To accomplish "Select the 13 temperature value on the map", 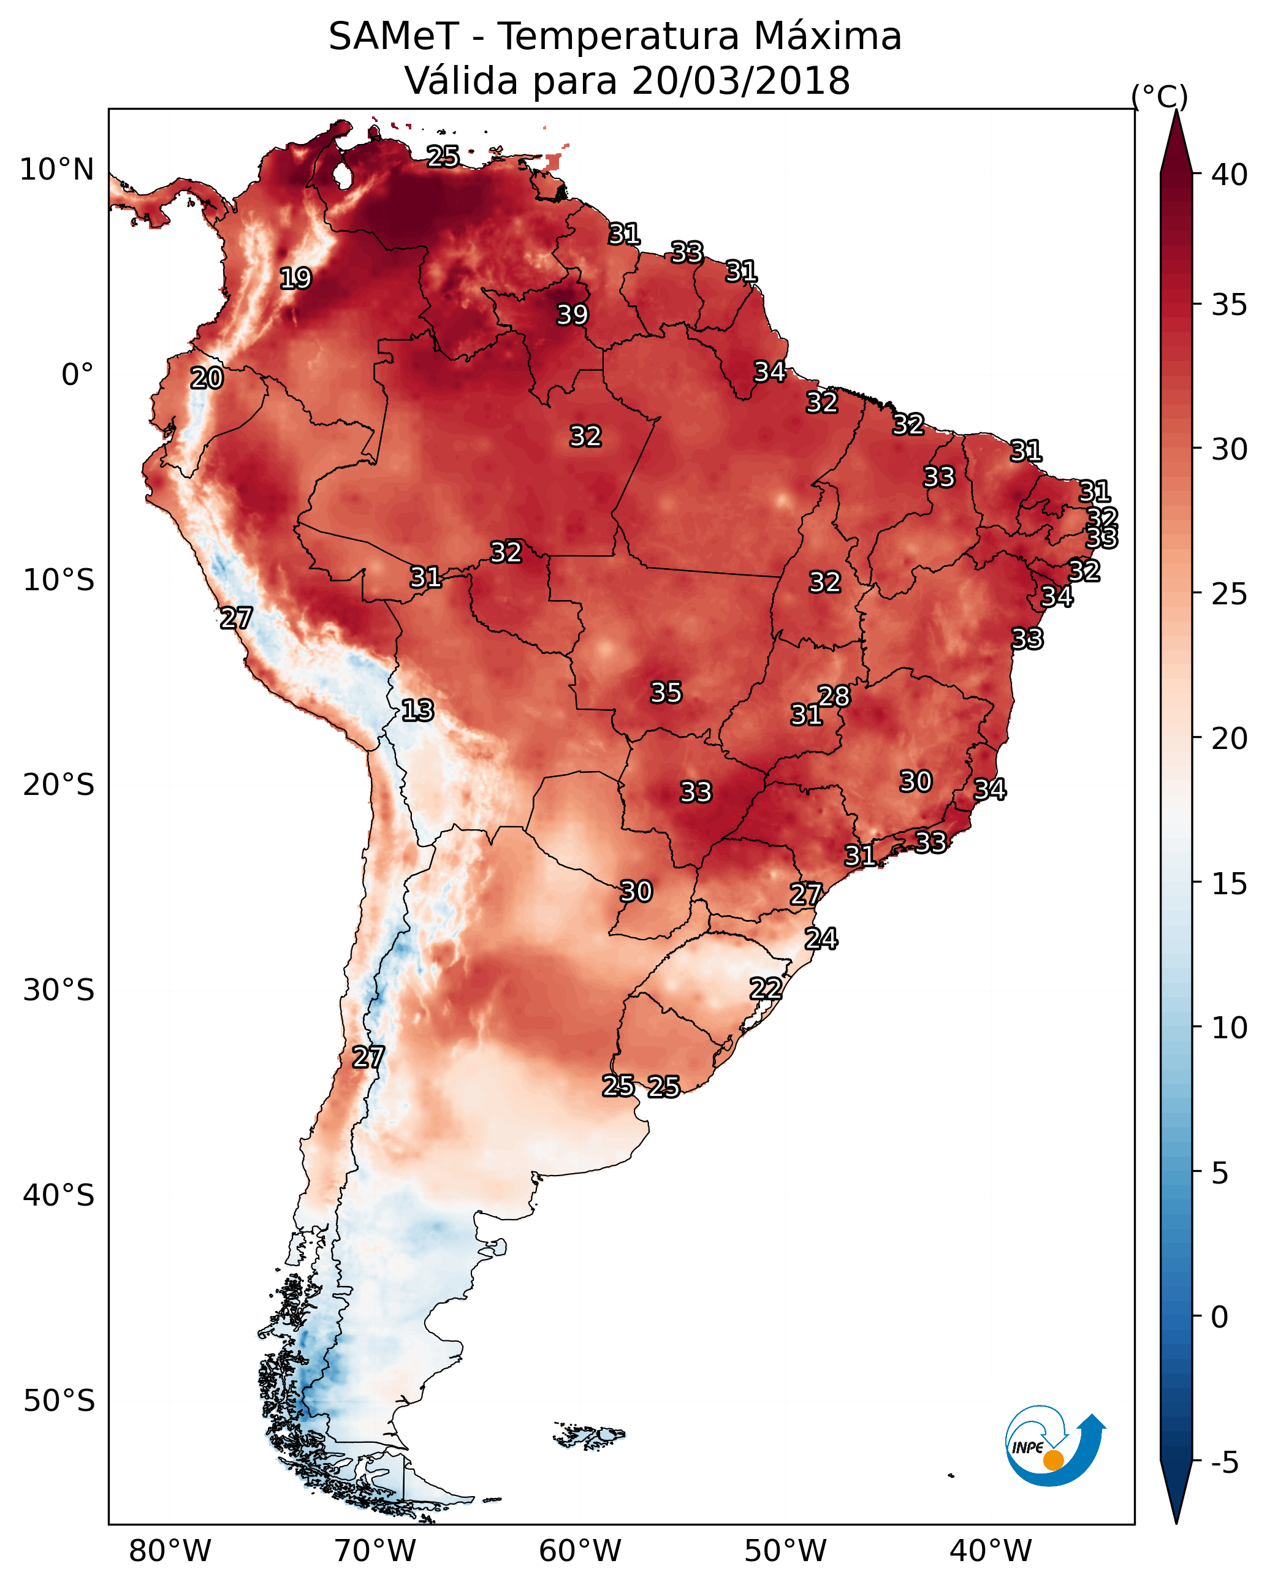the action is [417, 710].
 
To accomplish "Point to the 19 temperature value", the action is [295, 279].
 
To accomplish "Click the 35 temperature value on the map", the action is [666, 693].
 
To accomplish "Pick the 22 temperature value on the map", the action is [766, 989].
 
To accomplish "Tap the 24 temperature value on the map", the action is [821, 939].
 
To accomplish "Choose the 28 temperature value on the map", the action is [834, 696].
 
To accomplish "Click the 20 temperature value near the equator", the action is [207, 379].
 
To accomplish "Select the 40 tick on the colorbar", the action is [1230, 175].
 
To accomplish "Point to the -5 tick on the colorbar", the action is [1224, 1463].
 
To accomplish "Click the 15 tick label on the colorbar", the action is [1230, 884].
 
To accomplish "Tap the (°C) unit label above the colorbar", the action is [1160, 97].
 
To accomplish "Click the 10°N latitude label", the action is [56, 170].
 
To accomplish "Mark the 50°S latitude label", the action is [59, 1401].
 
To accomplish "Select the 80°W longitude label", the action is [170, 1551].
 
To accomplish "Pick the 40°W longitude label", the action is [991, 1551].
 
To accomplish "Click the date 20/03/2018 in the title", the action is [740, 81].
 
